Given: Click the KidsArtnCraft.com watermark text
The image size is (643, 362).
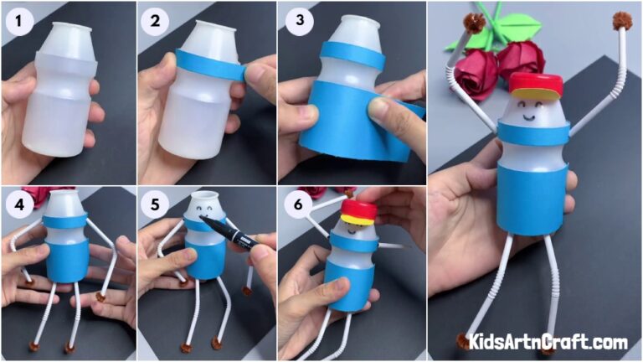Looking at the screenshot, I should [x=548, y=342].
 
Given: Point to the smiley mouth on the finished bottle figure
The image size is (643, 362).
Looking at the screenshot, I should [x=530, y=118].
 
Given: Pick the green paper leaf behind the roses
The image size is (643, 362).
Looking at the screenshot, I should [x=466, y=38].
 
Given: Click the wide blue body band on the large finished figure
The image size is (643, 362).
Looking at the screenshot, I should [x=533, y=197].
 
